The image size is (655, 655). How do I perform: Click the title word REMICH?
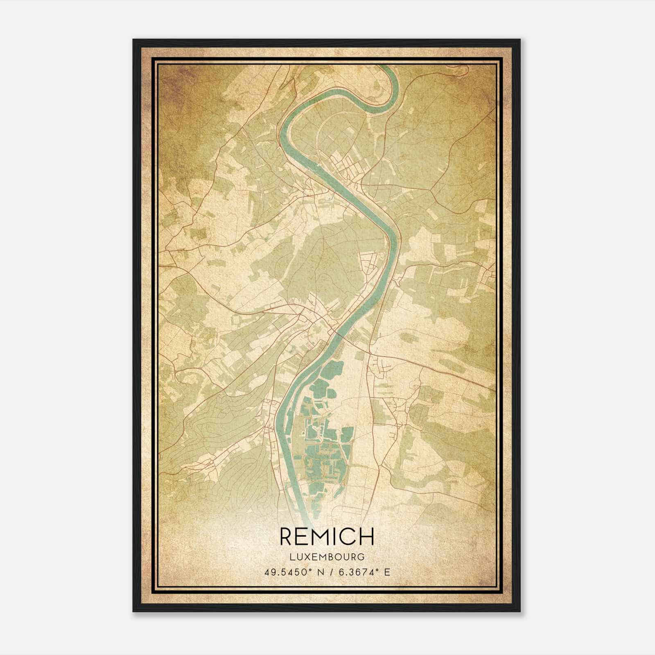pos(327,536)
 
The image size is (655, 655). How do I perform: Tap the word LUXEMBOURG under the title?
pos(327,557)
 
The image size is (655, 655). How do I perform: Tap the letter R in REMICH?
pos(287,536)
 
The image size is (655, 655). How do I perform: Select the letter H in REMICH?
pos(367,536)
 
